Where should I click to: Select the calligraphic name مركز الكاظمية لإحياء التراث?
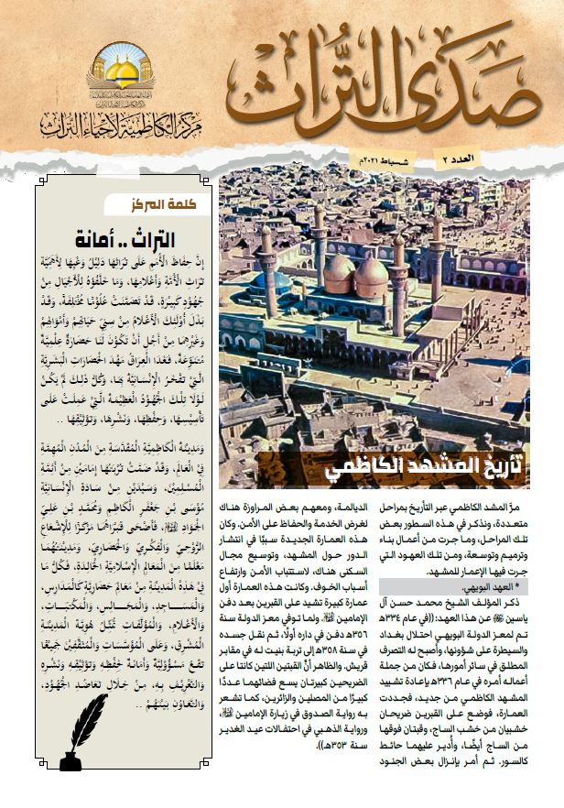tap(121, 124)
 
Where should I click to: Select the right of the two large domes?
tap(371, 278)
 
